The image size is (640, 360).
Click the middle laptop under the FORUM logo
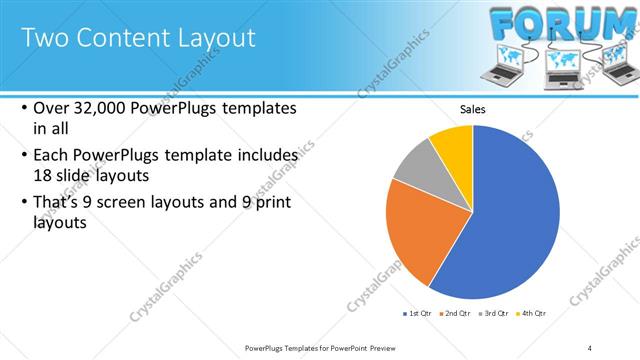(561, 66)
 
